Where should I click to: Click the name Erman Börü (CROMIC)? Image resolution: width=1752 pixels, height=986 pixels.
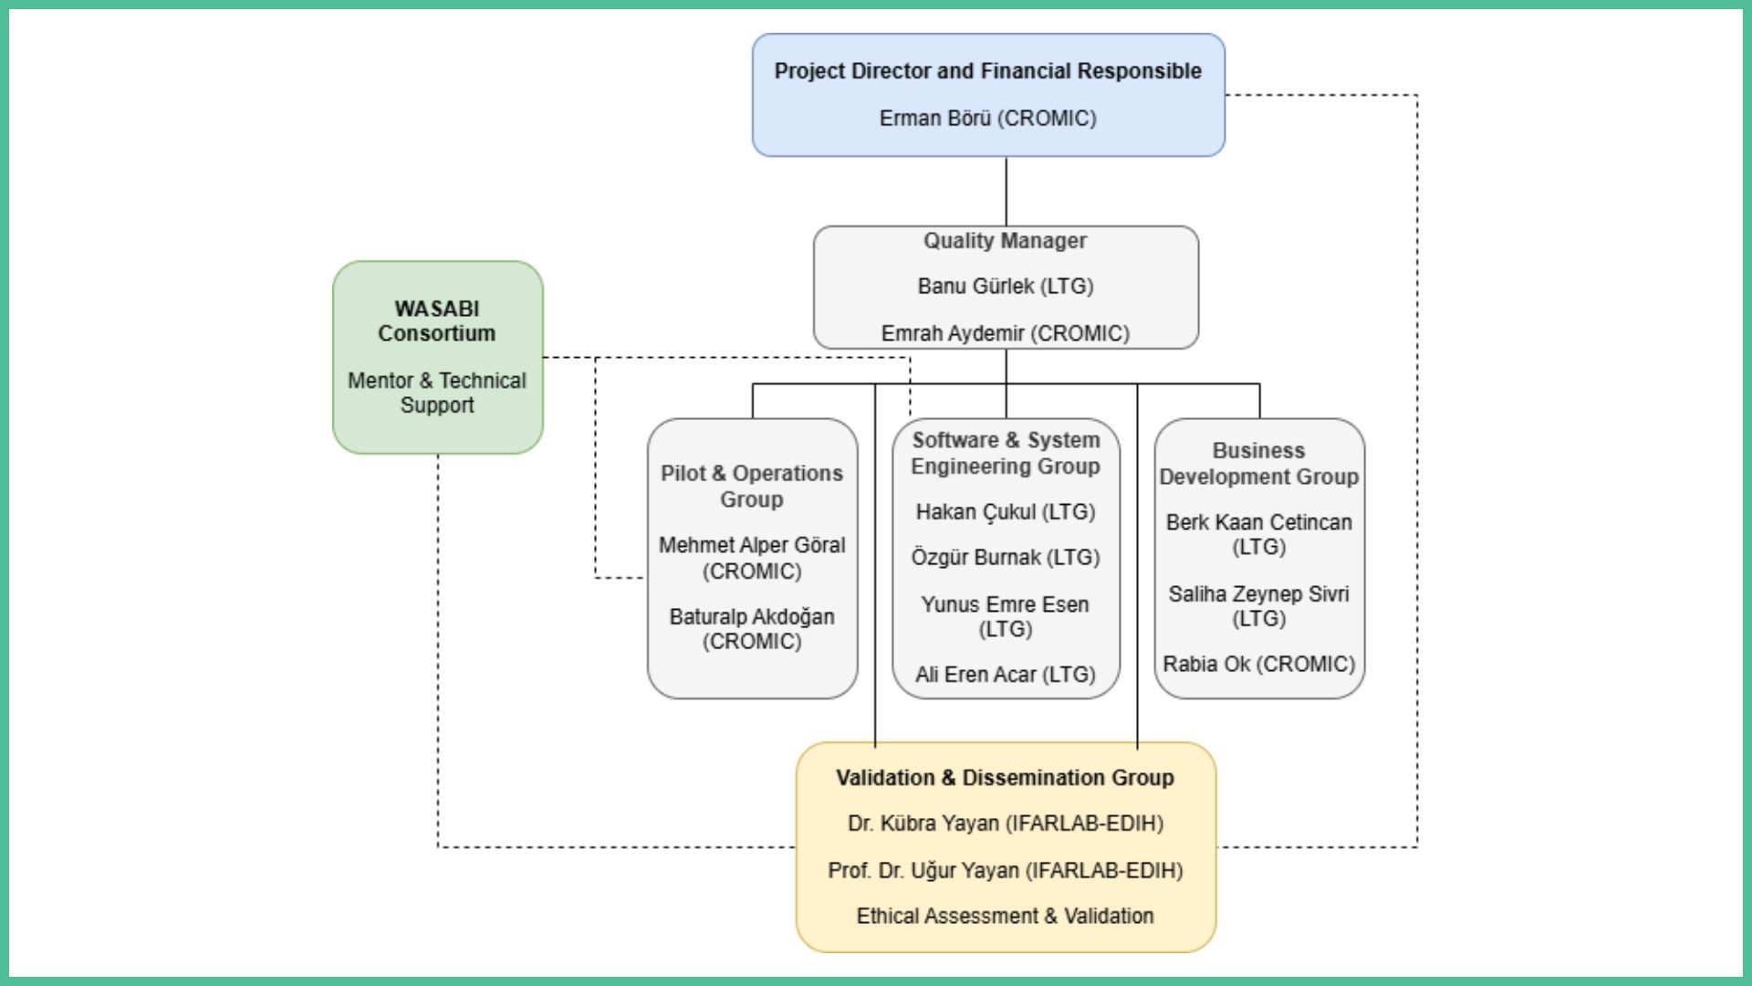987,119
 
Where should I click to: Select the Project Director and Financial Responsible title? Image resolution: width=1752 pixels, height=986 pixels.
987,71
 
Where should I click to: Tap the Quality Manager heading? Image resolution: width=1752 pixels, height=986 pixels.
1005,241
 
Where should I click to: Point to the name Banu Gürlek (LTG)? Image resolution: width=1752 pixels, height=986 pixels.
1005,287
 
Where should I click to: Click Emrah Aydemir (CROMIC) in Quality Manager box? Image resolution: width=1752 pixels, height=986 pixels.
1005,334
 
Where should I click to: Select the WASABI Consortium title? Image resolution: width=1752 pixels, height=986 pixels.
437,321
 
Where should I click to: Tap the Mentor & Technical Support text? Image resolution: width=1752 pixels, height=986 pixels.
437,393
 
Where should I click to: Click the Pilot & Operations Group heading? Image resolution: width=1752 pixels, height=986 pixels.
752,487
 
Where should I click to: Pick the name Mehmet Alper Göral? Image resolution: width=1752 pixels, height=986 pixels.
752,546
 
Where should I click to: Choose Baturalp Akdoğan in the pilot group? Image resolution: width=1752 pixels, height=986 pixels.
752,617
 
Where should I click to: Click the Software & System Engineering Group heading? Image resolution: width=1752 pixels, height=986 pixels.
1006,454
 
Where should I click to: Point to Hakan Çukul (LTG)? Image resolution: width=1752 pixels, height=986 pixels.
1006,512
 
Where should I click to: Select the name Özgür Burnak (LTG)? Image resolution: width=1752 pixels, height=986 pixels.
1006,558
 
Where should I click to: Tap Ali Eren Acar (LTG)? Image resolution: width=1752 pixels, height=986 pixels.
1006,675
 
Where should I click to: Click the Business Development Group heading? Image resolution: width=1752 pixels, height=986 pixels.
1258,464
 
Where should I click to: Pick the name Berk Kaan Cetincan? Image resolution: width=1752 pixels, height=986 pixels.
1258,523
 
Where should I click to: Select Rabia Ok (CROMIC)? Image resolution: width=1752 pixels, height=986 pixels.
1258,665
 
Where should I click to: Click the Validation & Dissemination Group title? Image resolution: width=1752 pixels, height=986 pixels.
1005,778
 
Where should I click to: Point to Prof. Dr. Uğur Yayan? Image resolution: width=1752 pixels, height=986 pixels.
1005,871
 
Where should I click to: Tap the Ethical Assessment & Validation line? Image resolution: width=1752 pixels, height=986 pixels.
1005,917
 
